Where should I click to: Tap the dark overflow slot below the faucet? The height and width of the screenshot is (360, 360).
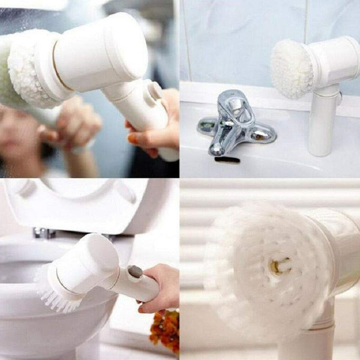pos(227,160)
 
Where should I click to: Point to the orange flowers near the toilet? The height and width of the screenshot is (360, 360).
pos(165,330)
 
